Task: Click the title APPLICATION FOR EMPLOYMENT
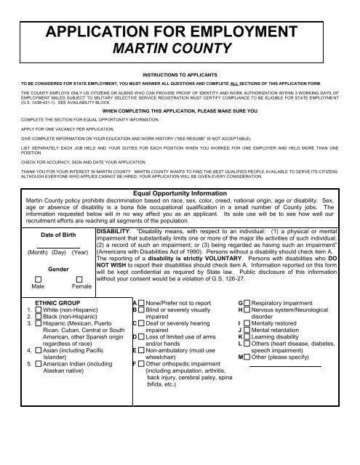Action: [180, 33]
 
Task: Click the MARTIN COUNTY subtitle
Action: [180, 51]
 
